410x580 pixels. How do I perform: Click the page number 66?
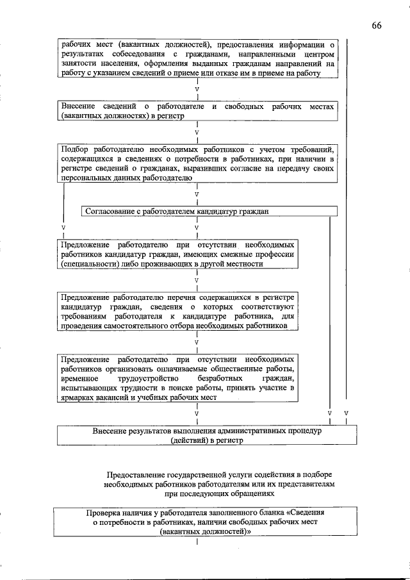tap(376, 25)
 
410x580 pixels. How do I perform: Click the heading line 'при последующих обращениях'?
tap(219, 494)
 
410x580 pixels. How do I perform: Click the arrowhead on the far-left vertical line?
tap(63, 228)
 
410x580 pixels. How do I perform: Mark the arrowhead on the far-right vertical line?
tap(347, 413)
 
